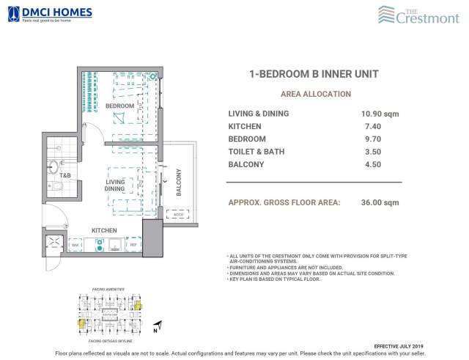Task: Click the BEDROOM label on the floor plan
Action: coord(119,106)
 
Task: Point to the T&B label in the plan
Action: coord(65,176)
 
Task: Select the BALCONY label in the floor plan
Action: coord(178,183)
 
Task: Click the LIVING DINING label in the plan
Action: coord(115,185)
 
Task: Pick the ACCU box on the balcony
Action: coord(176,215)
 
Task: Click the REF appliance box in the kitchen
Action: coord(133,245)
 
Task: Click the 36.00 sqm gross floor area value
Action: coord(380,202)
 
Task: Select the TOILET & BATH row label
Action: coord(256,152)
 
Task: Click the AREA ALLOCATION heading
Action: coord(315,94)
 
